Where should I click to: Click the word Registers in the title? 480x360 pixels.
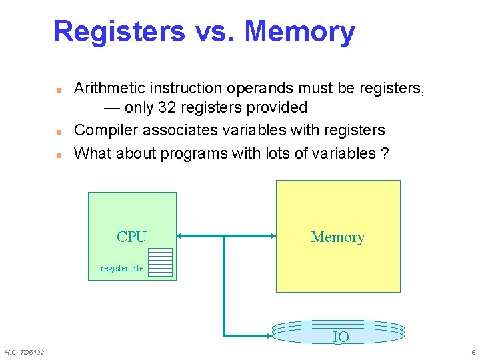tap(119, 31)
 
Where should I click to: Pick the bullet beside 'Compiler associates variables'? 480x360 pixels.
tap(59, 131)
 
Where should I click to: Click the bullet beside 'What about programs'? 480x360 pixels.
tap(59, 155)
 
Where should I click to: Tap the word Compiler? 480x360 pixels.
tap(103, 130)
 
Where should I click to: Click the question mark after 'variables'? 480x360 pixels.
tap(385, 153)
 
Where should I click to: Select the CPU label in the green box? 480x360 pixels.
tap(131, 237)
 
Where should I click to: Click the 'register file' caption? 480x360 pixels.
tap(121, 268)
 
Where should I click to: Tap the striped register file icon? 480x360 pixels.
tap(160, 262)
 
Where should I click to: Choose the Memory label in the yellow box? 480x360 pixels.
tap(337, 237)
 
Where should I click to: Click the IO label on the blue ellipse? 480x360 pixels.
tap(340, 337)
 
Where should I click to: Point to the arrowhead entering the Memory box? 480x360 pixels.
tap(272, 235)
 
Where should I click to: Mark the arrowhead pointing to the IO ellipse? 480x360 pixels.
tap(268, 335)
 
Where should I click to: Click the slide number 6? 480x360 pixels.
tap(473, 352)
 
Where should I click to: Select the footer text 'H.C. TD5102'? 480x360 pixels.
tap(24, 352)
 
